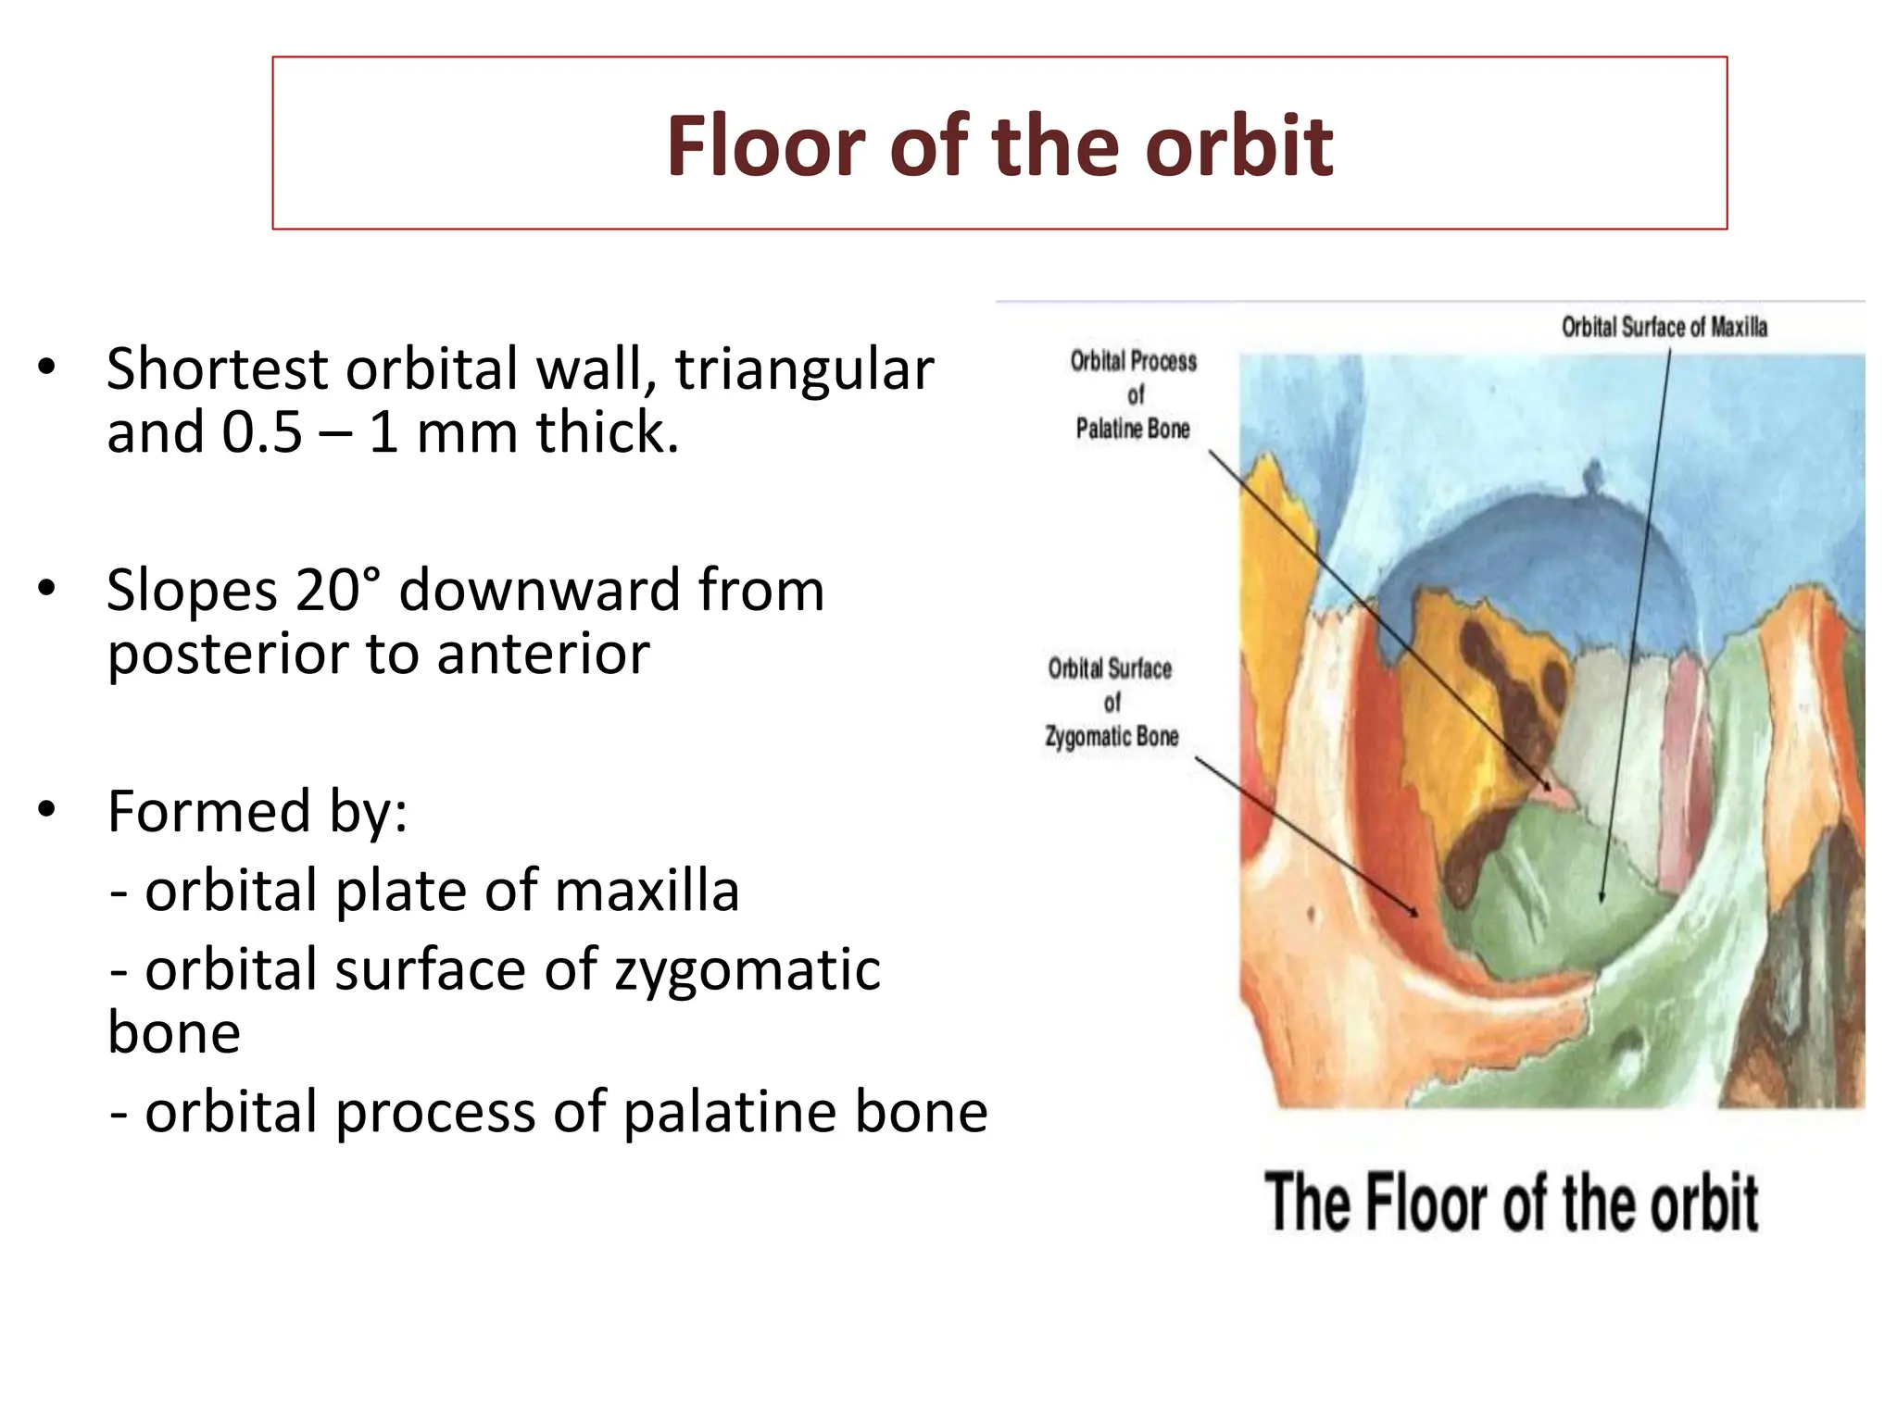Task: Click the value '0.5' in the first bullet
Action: (x=262, y=431)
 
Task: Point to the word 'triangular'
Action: (x=804, y=369)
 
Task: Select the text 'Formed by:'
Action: (x=258, y=811)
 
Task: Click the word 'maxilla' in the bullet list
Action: (x=647, y=891)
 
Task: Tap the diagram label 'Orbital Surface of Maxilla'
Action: (x=1664, y=327)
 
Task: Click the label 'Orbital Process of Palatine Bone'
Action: (x=1133, y=394)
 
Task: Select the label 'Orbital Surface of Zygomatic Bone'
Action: (x=1112, y=703)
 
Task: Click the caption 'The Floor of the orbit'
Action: (x=1511, y=1203)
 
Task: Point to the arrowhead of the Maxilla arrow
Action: (x=1602, y=898)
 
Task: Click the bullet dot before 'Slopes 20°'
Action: (x=47, y=589)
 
